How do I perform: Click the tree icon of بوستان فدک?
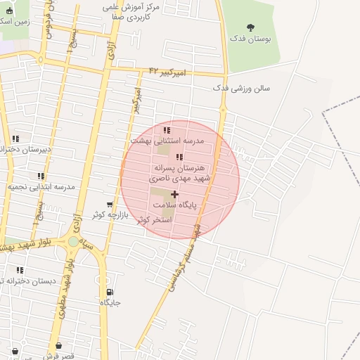tap(251, 27)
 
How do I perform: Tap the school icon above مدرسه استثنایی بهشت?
tap(167, 130)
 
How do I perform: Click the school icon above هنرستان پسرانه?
tap(179, 157)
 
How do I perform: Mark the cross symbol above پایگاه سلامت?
tap(174, 193)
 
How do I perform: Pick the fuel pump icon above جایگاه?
tap(110, 292)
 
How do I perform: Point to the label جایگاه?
tap(110, 302)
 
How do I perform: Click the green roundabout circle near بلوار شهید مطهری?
tap(73, 242)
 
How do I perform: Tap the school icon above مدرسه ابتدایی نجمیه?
tap(41, 176)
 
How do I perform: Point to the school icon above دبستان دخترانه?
tap(20, 270)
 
